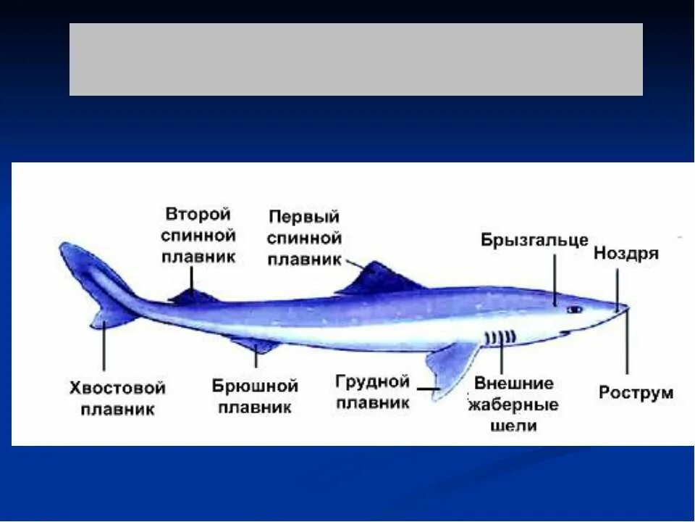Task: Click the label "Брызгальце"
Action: (x=534, y=241)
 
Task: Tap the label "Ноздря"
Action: (x=625, y=254)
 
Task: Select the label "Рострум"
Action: (x=636, y=393)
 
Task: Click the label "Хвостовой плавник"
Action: (x=117, y=398)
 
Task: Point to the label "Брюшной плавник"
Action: (x=255, y=395)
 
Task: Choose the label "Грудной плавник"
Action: (x=373, y=391)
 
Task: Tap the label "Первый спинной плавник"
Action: (x=303, y=238)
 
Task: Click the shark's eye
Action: (x=574, y=310)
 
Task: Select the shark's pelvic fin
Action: (x=257, y=343)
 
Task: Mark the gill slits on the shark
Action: (x=500, y=337)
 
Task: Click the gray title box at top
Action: (x=355, y=59)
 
